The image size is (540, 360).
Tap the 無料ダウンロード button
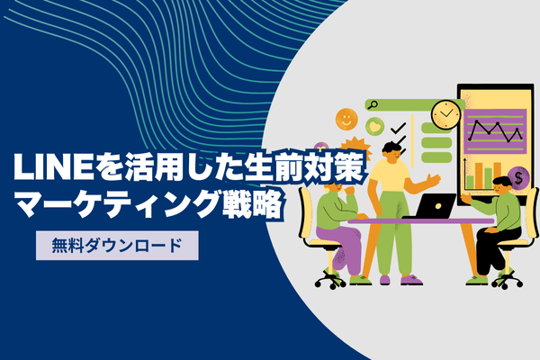117,246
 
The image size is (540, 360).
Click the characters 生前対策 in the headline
304,167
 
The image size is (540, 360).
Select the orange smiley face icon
346,120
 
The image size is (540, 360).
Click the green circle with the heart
374,126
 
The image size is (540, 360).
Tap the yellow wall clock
446,114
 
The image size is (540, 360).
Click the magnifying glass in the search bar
373,104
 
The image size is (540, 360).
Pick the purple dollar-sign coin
518,178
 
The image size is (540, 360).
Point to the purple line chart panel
495,130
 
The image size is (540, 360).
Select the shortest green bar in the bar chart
470,182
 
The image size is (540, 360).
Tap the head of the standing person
392,151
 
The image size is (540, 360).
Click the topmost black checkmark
399,128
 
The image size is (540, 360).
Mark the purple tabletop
421,220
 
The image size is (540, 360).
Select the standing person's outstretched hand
433,179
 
